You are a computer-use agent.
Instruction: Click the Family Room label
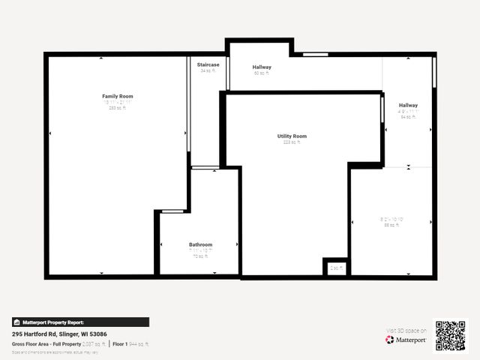117,96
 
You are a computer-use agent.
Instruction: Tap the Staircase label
208,65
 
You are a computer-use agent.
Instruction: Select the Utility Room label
292,136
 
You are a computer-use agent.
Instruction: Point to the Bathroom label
200,244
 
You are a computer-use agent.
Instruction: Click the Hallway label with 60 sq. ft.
262,67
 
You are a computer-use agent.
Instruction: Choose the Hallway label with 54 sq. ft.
408,105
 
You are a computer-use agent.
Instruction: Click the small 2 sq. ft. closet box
337,268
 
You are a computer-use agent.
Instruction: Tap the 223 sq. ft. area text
291,142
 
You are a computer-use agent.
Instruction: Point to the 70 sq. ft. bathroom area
199,256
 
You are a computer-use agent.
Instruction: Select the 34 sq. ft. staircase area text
208,71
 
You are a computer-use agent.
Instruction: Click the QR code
450,336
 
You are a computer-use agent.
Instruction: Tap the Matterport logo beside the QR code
406,340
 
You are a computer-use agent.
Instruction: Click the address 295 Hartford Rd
59,334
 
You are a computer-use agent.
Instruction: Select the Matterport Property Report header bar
80,322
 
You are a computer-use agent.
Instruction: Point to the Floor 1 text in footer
120,343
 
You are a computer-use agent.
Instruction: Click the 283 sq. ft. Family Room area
117,108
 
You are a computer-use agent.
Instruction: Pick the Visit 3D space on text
406,331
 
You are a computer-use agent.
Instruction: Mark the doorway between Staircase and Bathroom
205,167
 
